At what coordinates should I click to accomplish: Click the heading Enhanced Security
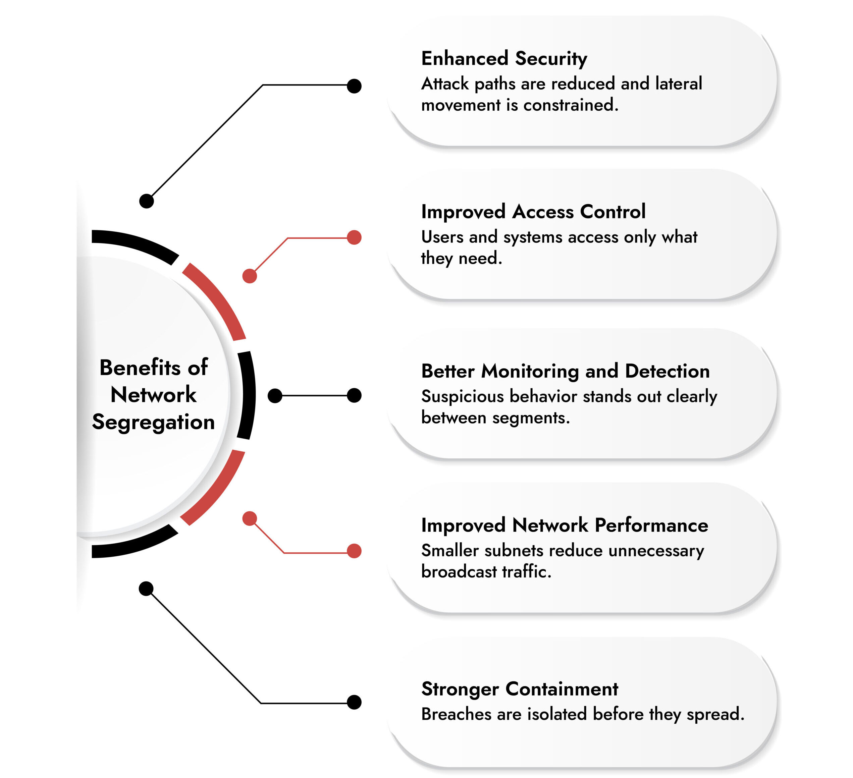(503, 58)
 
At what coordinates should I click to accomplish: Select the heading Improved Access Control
(533, 212)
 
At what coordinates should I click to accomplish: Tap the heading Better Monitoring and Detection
(565, 371)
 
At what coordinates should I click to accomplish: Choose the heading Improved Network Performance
(565, 525)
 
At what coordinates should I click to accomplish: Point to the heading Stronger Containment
(520, 689)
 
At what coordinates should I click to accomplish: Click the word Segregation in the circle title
(153, 422)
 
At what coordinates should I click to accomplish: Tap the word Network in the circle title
(153, 395)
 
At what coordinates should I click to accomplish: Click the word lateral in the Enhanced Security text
(678, 84)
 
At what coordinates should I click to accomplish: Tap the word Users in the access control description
(442, 237)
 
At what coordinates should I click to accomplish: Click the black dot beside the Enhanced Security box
(354, 86)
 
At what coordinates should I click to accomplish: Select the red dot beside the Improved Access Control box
(354, 237)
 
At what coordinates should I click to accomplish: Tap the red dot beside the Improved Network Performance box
(354, 551)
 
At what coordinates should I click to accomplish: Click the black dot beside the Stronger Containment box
(354, 702)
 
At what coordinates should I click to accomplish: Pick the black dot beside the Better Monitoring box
(354, 396)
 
